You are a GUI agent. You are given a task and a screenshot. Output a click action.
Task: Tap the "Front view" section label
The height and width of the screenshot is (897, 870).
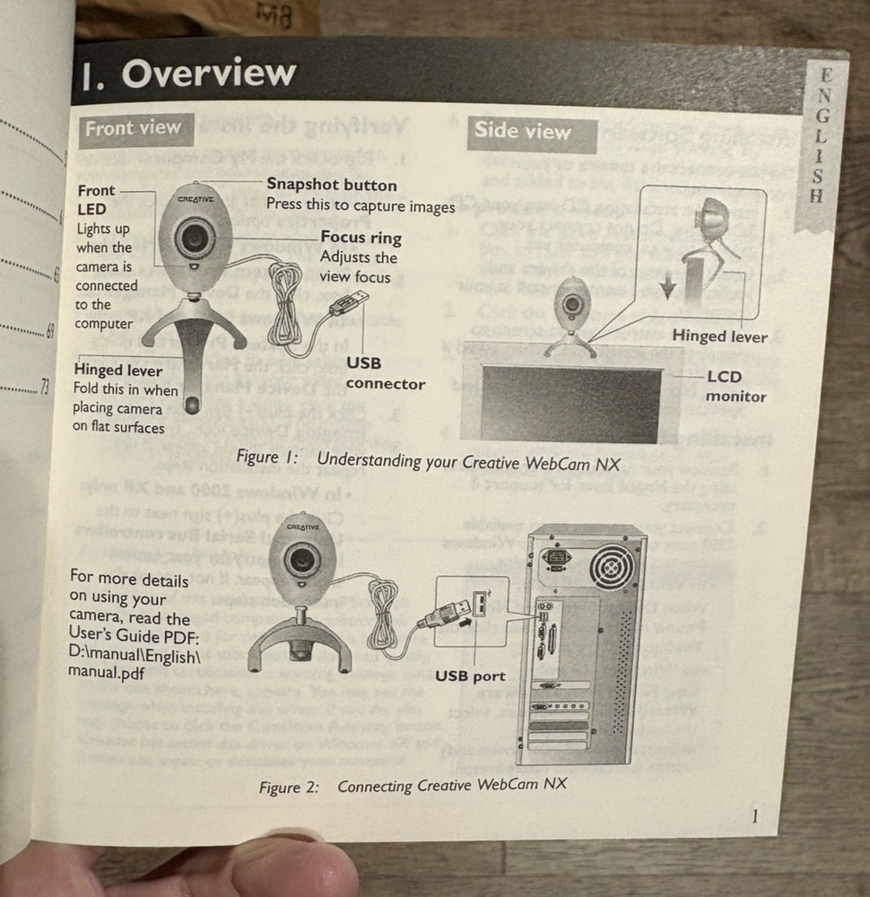[x=133, y=128]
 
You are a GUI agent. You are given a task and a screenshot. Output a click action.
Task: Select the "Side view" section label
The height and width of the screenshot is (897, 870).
[x=522, y=132]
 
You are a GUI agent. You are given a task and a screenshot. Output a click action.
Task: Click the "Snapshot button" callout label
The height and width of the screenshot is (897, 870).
[x=331, y=185]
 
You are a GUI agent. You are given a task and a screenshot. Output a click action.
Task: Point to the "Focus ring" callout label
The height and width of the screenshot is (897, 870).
[x=361, y=239]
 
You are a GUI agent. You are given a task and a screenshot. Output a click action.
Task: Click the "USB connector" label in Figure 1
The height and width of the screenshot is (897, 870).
[x=386, y=373]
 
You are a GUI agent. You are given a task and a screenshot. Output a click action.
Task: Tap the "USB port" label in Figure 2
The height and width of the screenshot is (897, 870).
[x=470, y=675]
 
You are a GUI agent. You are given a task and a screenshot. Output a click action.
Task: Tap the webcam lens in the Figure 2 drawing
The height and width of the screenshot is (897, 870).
[x=300, y=562]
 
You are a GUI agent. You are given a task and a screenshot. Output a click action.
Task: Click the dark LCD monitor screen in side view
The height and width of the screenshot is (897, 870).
[x=570, y=402]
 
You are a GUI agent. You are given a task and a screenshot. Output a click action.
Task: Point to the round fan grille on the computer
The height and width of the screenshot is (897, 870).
[x=615, y=567]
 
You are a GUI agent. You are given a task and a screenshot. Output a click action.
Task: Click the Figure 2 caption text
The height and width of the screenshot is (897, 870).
[x=413, y=786]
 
